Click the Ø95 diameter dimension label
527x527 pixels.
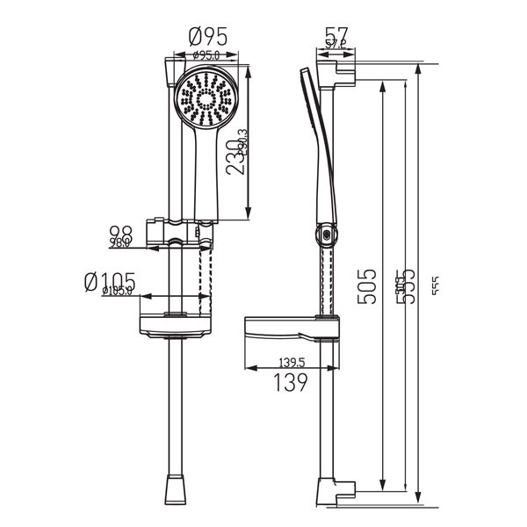[x=208, y=37]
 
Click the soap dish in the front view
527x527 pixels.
[x=177, y=324]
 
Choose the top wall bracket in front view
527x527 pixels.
[x=168, y=71]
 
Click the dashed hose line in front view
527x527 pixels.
[x=207, y=272]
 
